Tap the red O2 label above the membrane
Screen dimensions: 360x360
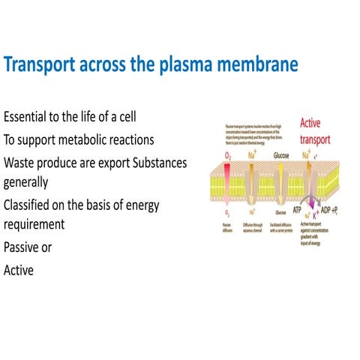pos(229,155)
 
